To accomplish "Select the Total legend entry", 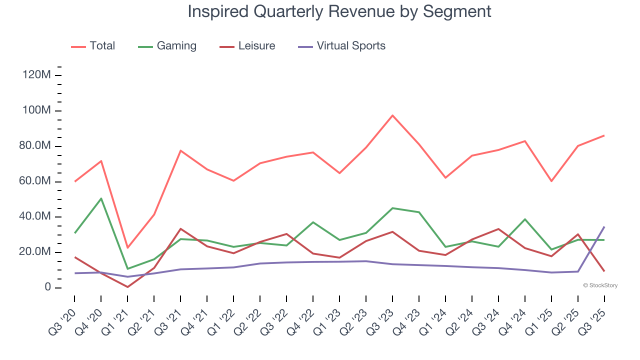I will click(93, 46).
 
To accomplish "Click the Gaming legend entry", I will click(167, 46).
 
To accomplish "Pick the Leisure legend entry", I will click(247, 46).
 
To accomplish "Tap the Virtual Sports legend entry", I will click(342, 46).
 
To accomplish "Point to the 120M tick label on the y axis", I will click(36, 75).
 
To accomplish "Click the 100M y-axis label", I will click(36, 110).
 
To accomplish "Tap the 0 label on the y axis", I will click(47, 287).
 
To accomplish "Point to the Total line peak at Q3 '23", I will click(392, 115).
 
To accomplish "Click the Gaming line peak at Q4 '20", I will click(101, 198).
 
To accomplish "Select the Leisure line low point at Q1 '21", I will click(128, 287).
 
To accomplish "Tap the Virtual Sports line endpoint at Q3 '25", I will click(604, 227).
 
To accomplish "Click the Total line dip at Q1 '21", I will click(128, 247).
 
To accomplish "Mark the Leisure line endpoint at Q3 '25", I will click(604, 271).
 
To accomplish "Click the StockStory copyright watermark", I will click(600, 285).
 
